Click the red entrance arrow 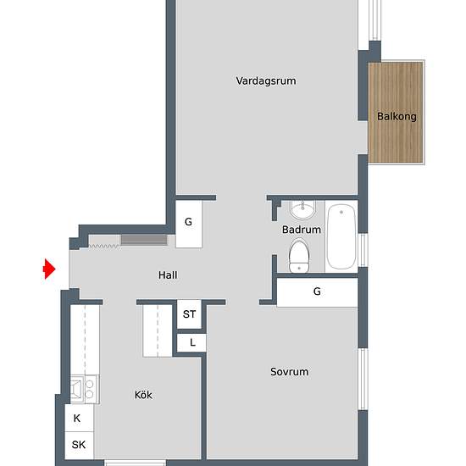[49, 269]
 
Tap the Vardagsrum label [266, 80]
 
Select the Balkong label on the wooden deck [397, 116]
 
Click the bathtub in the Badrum [341, 236]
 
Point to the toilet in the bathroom [299, 256]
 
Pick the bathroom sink [302, 209]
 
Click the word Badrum [302, 230]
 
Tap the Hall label [168, 275]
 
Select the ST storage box [189, 313]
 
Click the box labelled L [191, 342]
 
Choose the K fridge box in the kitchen [79, 418]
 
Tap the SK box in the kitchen [79, 445]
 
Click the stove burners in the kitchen [90, 389]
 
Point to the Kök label [143, 395]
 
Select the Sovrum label [290, 371]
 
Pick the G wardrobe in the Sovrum [317, 291]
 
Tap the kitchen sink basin [77, 389]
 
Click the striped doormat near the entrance [144, 240]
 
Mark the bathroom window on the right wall [363, 250]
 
